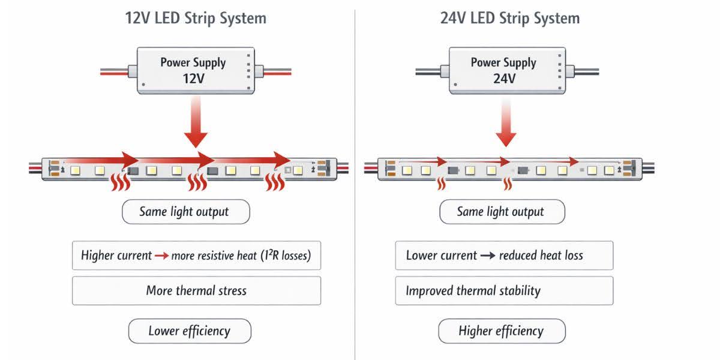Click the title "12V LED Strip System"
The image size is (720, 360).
(195, 18)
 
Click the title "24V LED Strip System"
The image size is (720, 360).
(509, 18)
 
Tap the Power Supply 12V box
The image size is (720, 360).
(193, 71)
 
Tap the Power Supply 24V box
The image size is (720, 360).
(503, 71)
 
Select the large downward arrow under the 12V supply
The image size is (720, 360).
(196, 123)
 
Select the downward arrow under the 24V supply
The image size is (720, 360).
(506, 123)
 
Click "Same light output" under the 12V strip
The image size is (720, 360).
(184, 212)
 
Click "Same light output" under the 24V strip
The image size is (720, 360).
(501, 212)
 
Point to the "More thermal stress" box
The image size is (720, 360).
(196, 291)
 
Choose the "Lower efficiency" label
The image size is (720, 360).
(190, 331)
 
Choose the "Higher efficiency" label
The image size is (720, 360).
(502, 331)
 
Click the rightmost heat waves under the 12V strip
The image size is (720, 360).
(275, 182)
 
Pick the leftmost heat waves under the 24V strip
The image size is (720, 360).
(442, 184)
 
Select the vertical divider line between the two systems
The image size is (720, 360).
(355, 180)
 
